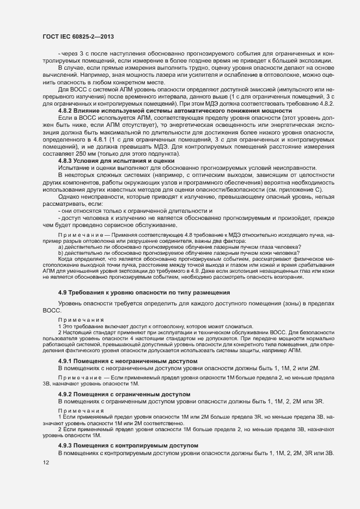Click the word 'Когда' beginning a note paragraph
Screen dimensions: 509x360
tap(66, 258)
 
